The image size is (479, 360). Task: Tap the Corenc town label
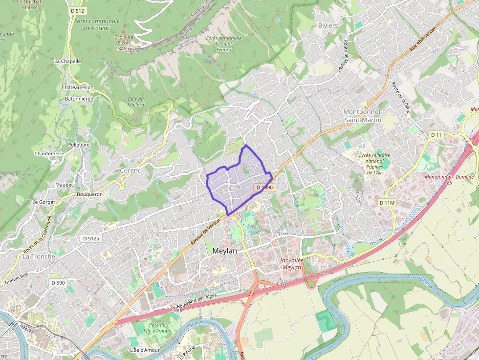130,170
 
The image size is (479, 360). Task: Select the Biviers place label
327,25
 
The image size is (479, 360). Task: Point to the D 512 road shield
77,10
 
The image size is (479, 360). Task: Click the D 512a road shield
91,238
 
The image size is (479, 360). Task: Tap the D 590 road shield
58,283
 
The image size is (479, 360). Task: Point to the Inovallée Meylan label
292,264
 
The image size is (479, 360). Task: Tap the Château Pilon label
77,87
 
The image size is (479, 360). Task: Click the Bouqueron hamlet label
90,194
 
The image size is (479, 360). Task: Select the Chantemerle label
49,153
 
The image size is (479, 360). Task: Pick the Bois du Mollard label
136,102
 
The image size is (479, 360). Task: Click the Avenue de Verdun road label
205,232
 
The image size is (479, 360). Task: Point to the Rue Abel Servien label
423,38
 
